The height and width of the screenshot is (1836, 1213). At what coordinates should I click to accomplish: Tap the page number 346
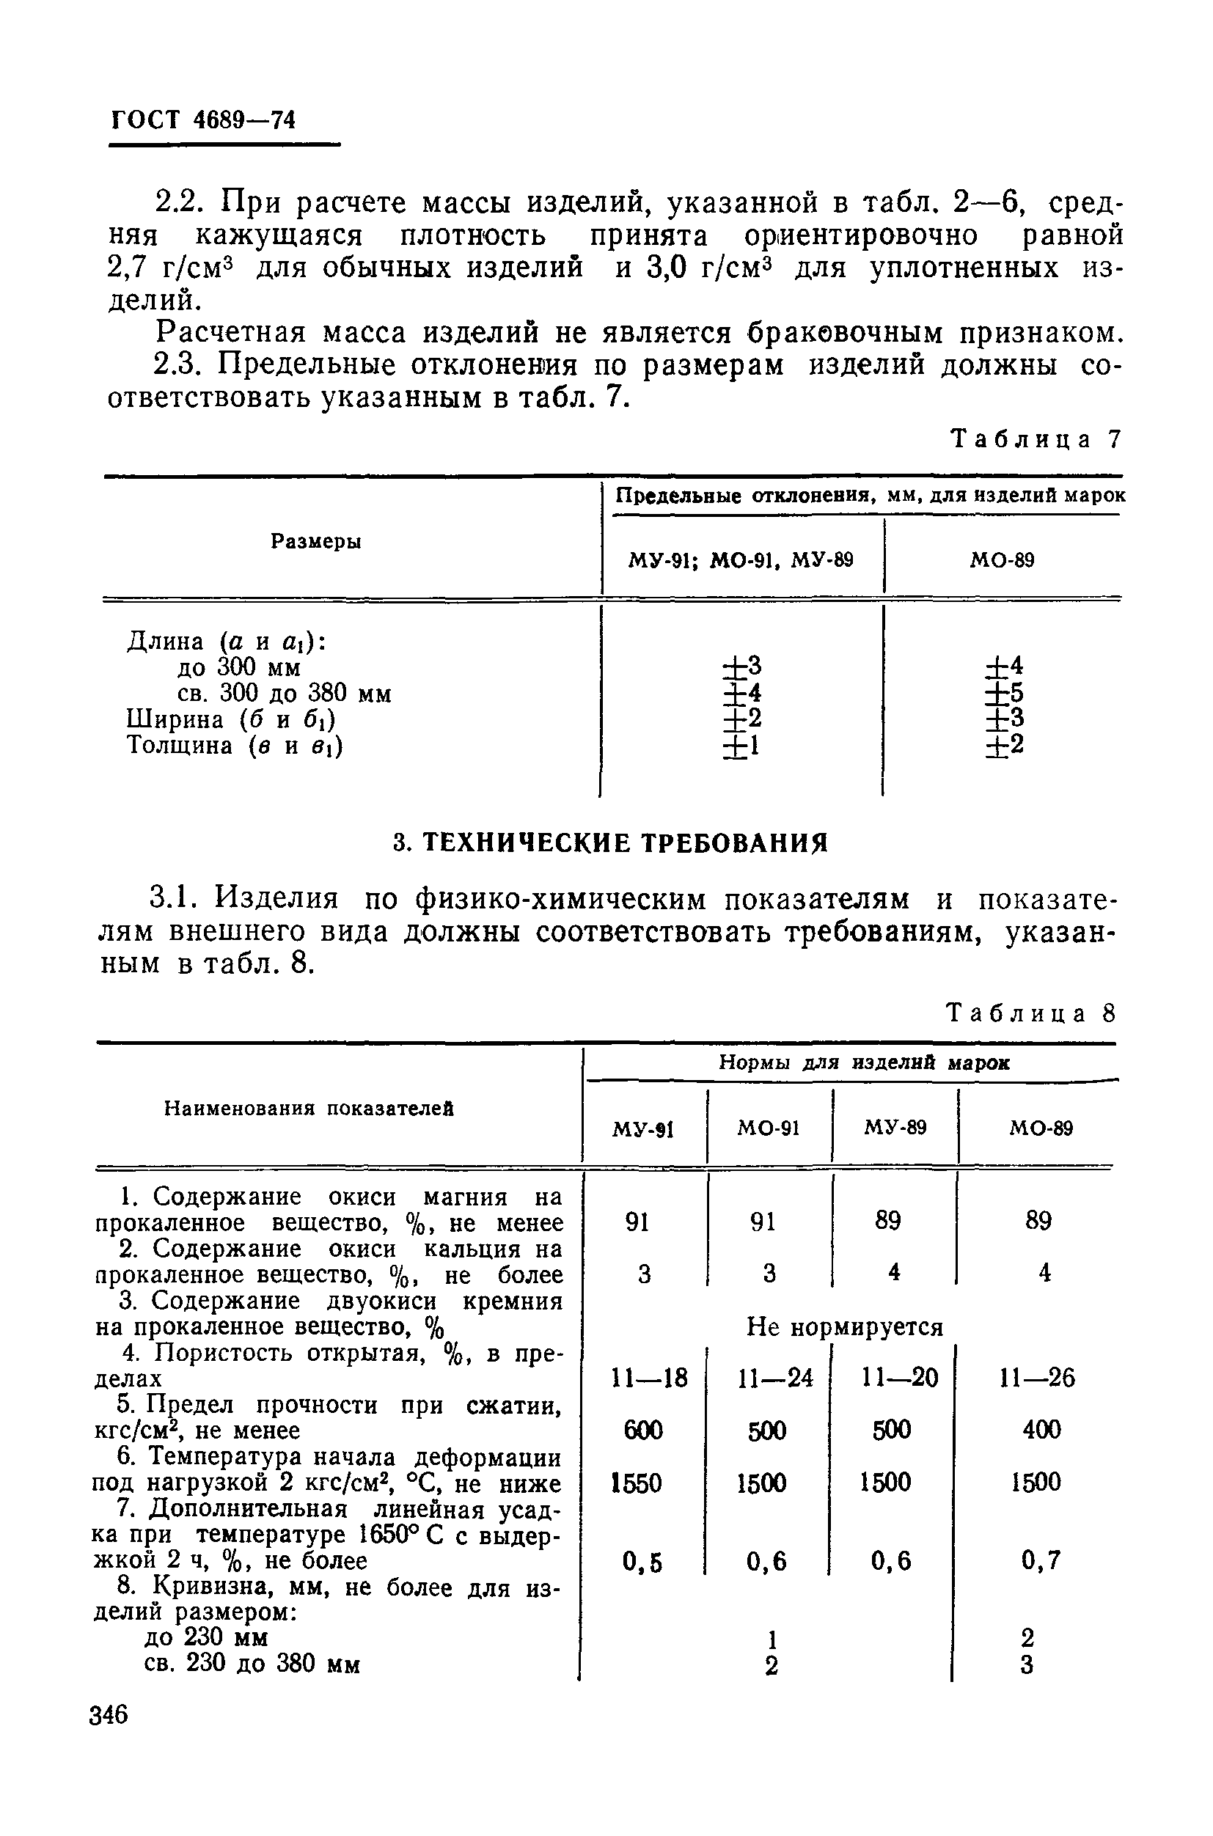109,1714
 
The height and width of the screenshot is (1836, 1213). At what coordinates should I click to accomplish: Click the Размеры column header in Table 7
315,542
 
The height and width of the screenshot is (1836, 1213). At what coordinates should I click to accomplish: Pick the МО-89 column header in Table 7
1002,560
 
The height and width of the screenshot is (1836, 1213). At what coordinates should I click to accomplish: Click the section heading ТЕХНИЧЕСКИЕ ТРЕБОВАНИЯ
610,842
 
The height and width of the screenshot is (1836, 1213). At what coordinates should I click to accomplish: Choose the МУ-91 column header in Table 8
643,1130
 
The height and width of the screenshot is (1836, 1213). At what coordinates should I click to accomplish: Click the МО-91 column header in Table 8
768,1128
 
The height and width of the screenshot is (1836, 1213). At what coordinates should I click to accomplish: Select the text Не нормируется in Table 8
845,1327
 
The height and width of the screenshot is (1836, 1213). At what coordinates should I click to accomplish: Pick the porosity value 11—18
649,1378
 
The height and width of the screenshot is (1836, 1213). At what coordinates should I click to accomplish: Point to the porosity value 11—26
1036,1378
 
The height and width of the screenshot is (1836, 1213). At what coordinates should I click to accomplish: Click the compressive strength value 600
643,1430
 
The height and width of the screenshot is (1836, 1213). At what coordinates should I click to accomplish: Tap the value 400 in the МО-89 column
1041,1429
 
